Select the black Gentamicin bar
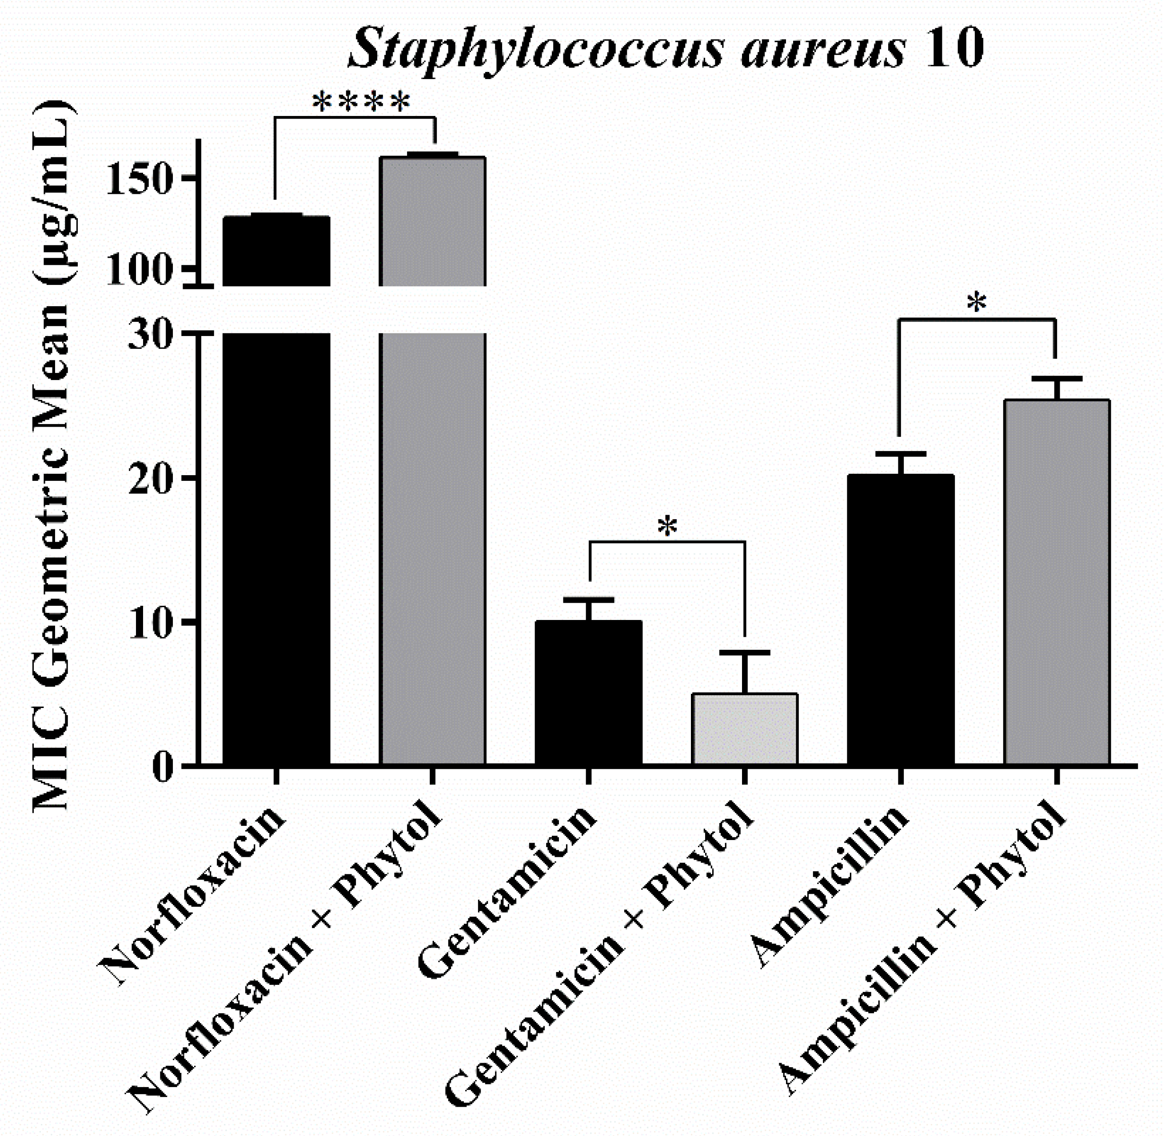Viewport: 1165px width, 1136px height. pos(588,692)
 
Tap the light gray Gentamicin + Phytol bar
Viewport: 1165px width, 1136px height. pos(745,728)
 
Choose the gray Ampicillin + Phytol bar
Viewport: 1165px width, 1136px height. pos(1057,582)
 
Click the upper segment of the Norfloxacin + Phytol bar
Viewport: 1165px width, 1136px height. pos(433,221)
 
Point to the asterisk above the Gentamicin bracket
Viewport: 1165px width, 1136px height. pos(667,526)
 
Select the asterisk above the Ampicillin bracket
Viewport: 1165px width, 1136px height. pos(977,303)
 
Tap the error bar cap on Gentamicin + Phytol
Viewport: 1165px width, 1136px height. pos(745,652)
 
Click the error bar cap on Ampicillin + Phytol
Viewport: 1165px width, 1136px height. pos(1057,379)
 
